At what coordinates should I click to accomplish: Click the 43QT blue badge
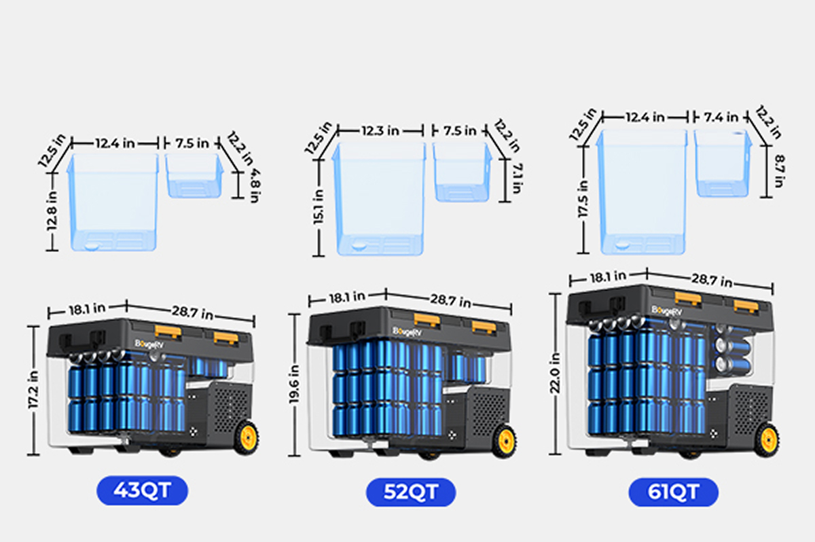142,490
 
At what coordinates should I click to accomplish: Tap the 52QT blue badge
411,492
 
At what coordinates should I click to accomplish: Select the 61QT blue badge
674,492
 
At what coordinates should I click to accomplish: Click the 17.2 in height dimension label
33,390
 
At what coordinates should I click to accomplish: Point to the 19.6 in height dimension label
294,384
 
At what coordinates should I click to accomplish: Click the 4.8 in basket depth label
255,186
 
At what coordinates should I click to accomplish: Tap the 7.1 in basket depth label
518,178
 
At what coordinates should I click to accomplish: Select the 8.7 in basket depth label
779,171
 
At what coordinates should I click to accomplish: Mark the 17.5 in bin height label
583,199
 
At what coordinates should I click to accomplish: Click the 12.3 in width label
380,130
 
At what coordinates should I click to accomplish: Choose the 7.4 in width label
721,117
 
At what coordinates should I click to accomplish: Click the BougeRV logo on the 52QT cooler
407,331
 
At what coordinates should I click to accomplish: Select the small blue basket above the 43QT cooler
195,175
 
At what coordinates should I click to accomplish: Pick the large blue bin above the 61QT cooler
642,192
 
